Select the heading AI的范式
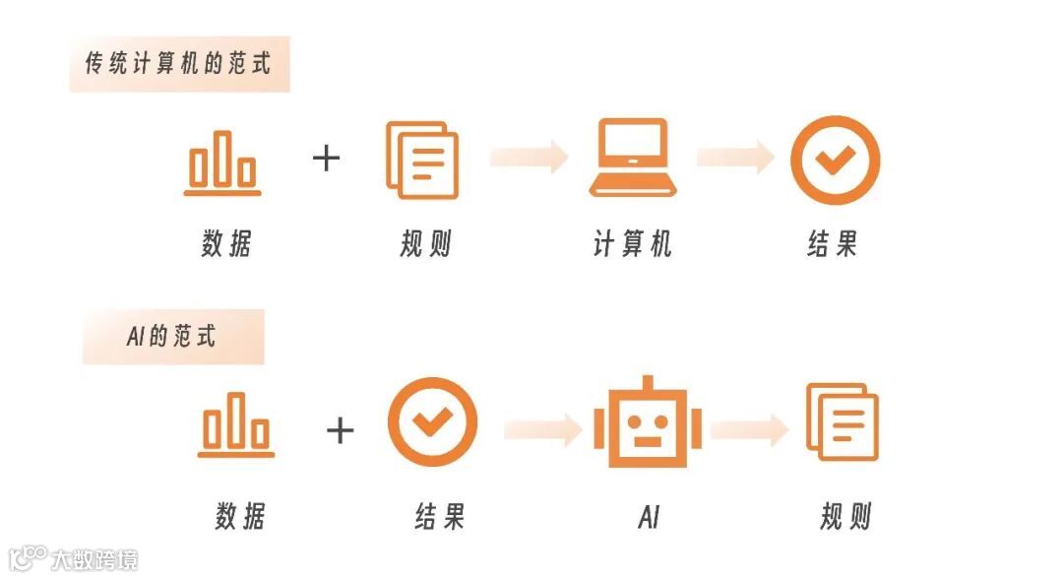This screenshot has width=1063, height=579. click(171, 337)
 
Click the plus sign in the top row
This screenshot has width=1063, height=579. click(326, 158)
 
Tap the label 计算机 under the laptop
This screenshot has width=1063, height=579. click(632, 244)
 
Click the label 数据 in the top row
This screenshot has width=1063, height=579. click(226, 244)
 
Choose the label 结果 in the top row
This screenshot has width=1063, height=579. click(833, 244)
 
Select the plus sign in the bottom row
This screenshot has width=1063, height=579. click(340, 429)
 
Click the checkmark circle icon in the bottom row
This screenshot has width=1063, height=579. click(432, 422)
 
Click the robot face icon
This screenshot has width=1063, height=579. click(647, 422)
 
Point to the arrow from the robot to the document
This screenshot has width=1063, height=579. click(749, 428)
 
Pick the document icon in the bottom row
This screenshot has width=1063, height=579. click(843, 422)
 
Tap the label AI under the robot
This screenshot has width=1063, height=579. click(648, 517)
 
